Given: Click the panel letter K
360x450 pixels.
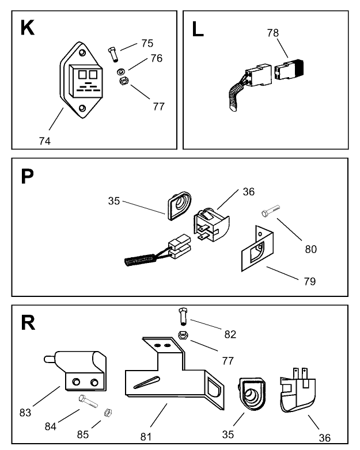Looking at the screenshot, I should coord(27,28).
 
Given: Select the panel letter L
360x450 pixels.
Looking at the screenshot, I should coord(198,29).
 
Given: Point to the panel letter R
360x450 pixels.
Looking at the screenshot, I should coord(28,323).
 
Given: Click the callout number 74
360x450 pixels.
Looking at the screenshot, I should coord(45,140).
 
